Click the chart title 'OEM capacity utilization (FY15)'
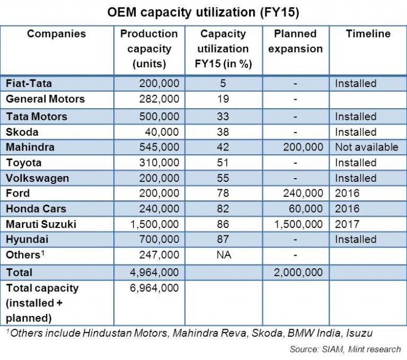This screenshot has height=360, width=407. [x=203, y=12]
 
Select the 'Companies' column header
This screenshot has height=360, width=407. [x=56, y=34]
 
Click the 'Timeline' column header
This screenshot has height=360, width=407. [x=368, y=34]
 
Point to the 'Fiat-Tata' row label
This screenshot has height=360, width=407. [x=29, y=83]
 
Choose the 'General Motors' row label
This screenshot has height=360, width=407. [x=45, y=99]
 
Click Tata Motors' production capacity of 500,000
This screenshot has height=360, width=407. [x=159, y=116]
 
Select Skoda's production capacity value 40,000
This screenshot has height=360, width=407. [x=162, y=131]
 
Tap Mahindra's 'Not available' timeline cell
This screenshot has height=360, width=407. [x=366, y=147]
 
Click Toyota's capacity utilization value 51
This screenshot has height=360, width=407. [x=223, y=162]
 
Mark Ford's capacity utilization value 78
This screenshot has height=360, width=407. [x=223, y=194]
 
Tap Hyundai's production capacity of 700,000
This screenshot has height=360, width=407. [x=159, y=240]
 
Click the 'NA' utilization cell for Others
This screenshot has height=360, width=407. [x=223, y=255]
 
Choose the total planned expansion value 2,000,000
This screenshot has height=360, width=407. [x=298, y=273]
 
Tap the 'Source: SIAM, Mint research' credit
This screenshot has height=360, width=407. [x=345, y=349]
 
